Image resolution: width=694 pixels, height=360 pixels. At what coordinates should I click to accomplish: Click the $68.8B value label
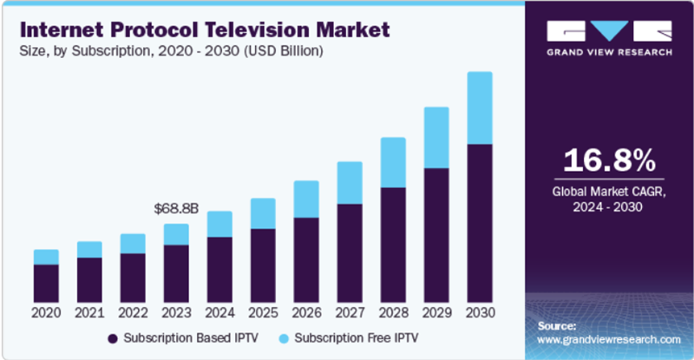(x=176, y=209)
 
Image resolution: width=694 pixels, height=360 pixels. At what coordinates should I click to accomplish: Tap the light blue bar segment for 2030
(x=480, y=108)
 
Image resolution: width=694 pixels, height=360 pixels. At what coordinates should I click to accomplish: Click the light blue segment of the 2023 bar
(x=176, y=234)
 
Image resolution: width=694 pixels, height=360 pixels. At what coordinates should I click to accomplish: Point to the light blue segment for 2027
(x=350, y=183)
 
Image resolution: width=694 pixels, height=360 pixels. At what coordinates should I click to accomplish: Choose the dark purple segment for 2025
(x=263, y=265)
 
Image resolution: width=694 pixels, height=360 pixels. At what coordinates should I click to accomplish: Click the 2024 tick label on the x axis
(x=219, y=312)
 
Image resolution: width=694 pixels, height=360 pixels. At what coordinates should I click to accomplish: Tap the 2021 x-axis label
(x=89, y=312)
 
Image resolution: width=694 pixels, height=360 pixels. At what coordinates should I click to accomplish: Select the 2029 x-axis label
(x=436, y=312)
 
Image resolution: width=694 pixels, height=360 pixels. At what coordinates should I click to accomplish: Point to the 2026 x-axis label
(x=306, y=312)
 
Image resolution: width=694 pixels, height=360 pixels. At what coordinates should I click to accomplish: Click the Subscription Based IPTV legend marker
(x=113, y=337)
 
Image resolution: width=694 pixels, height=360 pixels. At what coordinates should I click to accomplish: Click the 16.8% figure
(x=608, y=160)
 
